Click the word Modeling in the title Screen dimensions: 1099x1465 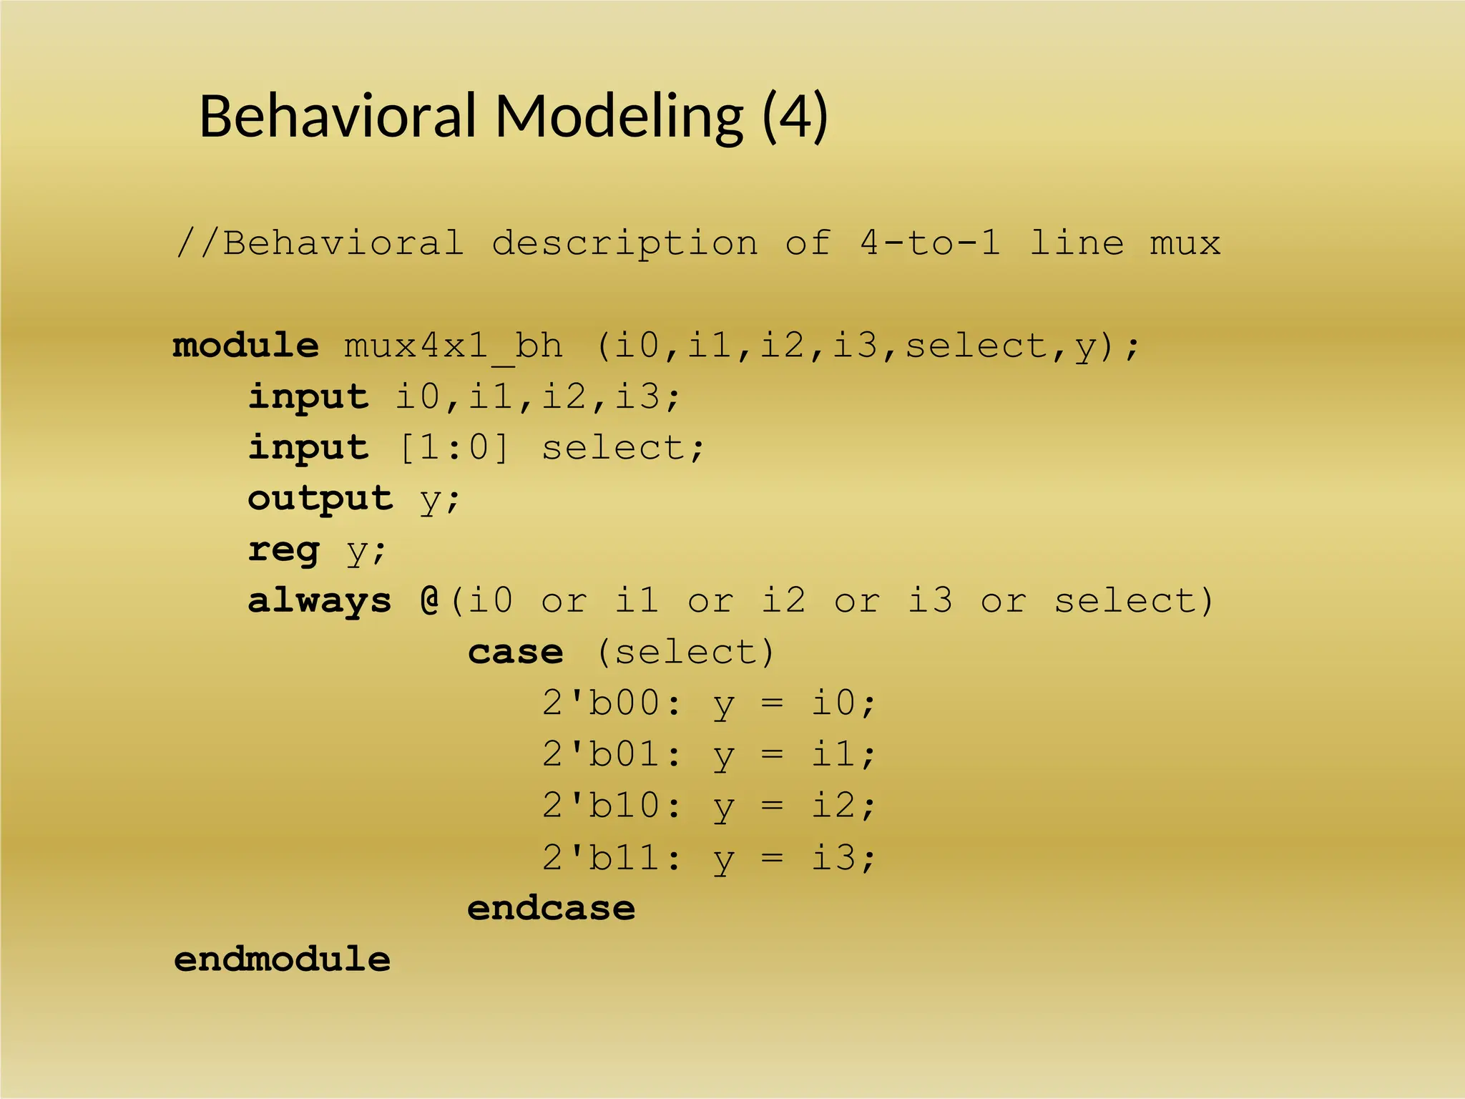619,117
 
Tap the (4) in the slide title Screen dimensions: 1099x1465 795,117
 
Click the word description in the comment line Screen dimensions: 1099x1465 624,243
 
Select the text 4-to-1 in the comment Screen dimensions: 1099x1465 929,243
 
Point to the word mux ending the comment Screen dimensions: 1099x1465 1185,243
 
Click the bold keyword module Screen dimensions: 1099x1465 246,346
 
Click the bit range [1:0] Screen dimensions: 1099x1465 454,449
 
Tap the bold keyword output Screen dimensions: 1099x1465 320,499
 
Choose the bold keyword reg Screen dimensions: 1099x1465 283,550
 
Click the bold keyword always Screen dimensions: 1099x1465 320,601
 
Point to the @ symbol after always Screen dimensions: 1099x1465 430,600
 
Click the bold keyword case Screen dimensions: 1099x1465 515,653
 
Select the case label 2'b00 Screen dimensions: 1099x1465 601,703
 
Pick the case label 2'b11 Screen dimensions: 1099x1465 601,857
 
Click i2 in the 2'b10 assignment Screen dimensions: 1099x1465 833,806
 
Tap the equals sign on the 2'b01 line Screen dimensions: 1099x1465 772,755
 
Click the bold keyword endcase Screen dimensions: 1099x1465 551,909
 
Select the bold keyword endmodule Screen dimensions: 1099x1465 283,960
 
